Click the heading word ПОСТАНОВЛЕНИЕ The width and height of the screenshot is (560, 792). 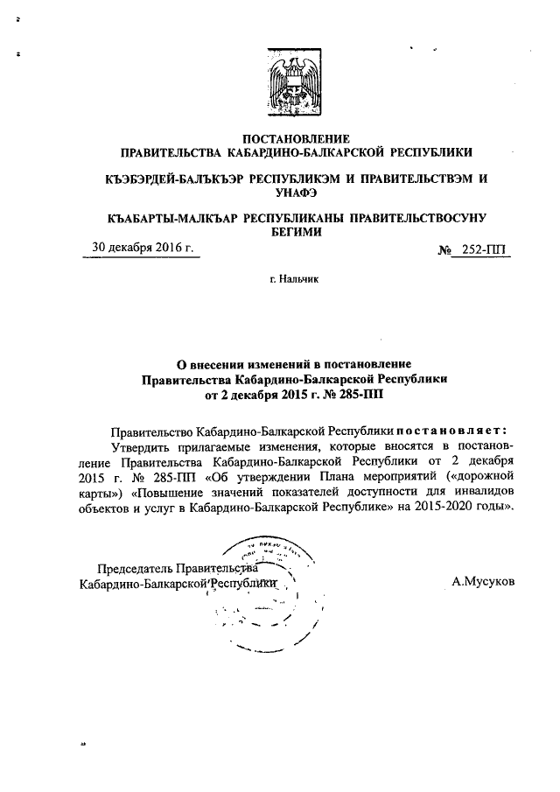point(295,138)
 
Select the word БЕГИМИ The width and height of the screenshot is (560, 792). point(295,232)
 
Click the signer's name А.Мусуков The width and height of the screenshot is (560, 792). point(483,580)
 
